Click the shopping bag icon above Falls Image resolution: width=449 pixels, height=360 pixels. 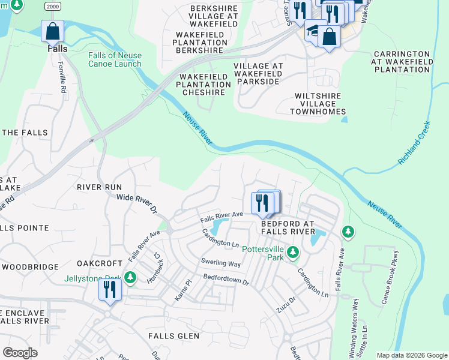click(x=52, y=31)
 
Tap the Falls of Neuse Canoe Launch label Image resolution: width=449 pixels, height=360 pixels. click(x=115, y=59)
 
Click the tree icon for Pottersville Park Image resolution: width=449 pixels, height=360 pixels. click(x=292, y=252)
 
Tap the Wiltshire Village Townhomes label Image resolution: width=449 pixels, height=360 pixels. click(x=318, y=104)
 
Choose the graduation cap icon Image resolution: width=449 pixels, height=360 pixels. click(x=313, y=32)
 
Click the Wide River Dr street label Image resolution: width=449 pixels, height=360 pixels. click(x=136, y=203)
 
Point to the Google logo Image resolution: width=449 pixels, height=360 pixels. click(x=20, y=353)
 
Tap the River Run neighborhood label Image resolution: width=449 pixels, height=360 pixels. click(x=99, y=187)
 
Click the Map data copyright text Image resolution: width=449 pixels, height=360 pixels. click(x=411, y=355)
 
